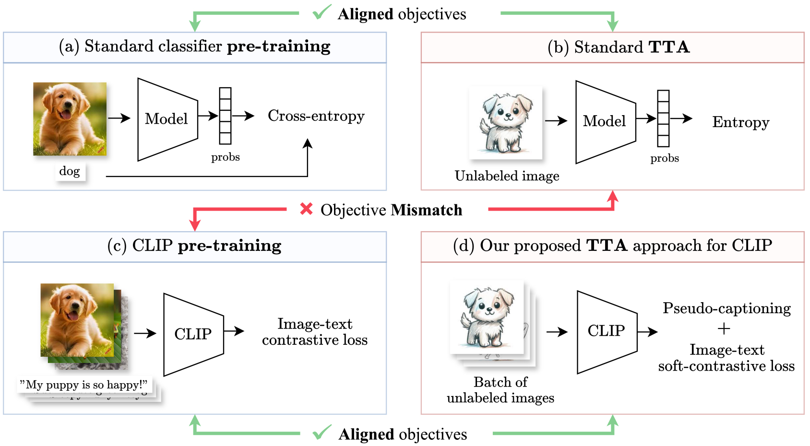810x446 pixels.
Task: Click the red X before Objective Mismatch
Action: click(306, 209)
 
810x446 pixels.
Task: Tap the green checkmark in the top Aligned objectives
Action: click(322, 12)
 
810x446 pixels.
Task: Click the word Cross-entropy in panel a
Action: click(316, 116)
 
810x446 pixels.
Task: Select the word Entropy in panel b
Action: click(740, 122)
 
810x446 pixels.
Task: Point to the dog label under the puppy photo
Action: click(70, 171)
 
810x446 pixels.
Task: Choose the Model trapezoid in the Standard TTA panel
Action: click(605, 122)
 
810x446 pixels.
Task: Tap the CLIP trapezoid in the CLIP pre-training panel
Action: click(193, 334)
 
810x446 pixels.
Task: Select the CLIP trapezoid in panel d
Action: click(607, 331)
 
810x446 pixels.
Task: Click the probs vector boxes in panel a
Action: click(225, 116)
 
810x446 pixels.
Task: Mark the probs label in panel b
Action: click(665, 158)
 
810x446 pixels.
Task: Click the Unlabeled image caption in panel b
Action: click(507, 176)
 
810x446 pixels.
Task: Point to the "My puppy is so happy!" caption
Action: click(84, 385)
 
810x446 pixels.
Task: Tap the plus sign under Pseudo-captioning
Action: click(724, 329)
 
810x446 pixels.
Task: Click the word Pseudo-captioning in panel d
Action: click(727, 308)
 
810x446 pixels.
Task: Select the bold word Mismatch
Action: click(427, 210)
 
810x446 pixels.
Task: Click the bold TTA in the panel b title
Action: click(669, 47)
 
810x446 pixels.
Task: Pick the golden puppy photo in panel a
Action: click(70, 119)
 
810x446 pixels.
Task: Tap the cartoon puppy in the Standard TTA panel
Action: click(506, 123)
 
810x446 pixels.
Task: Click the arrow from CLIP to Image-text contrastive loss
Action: click(234, 331)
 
